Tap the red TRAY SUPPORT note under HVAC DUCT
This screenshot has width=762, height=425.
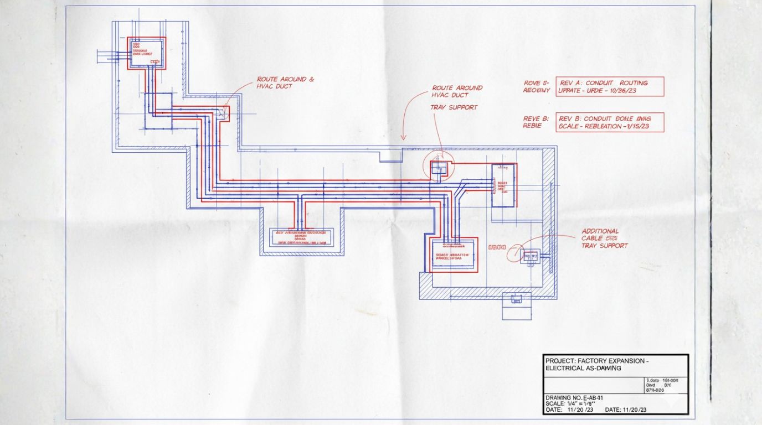(454, 107)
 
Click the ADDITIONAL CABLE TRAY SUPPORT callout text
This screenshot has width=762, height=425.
(604, 239)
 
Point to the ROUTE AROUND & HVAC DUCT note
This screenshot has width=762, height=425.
(285, 83)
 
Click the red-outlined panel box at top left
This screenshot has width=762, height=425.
(147, 53)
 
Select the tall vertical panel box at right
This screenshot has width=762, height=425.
(503, 185)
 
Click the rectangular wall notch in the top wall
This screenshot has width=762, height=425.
(391, 156)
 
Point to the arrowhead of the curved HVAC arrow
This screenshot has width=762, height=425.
(404, 138)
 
